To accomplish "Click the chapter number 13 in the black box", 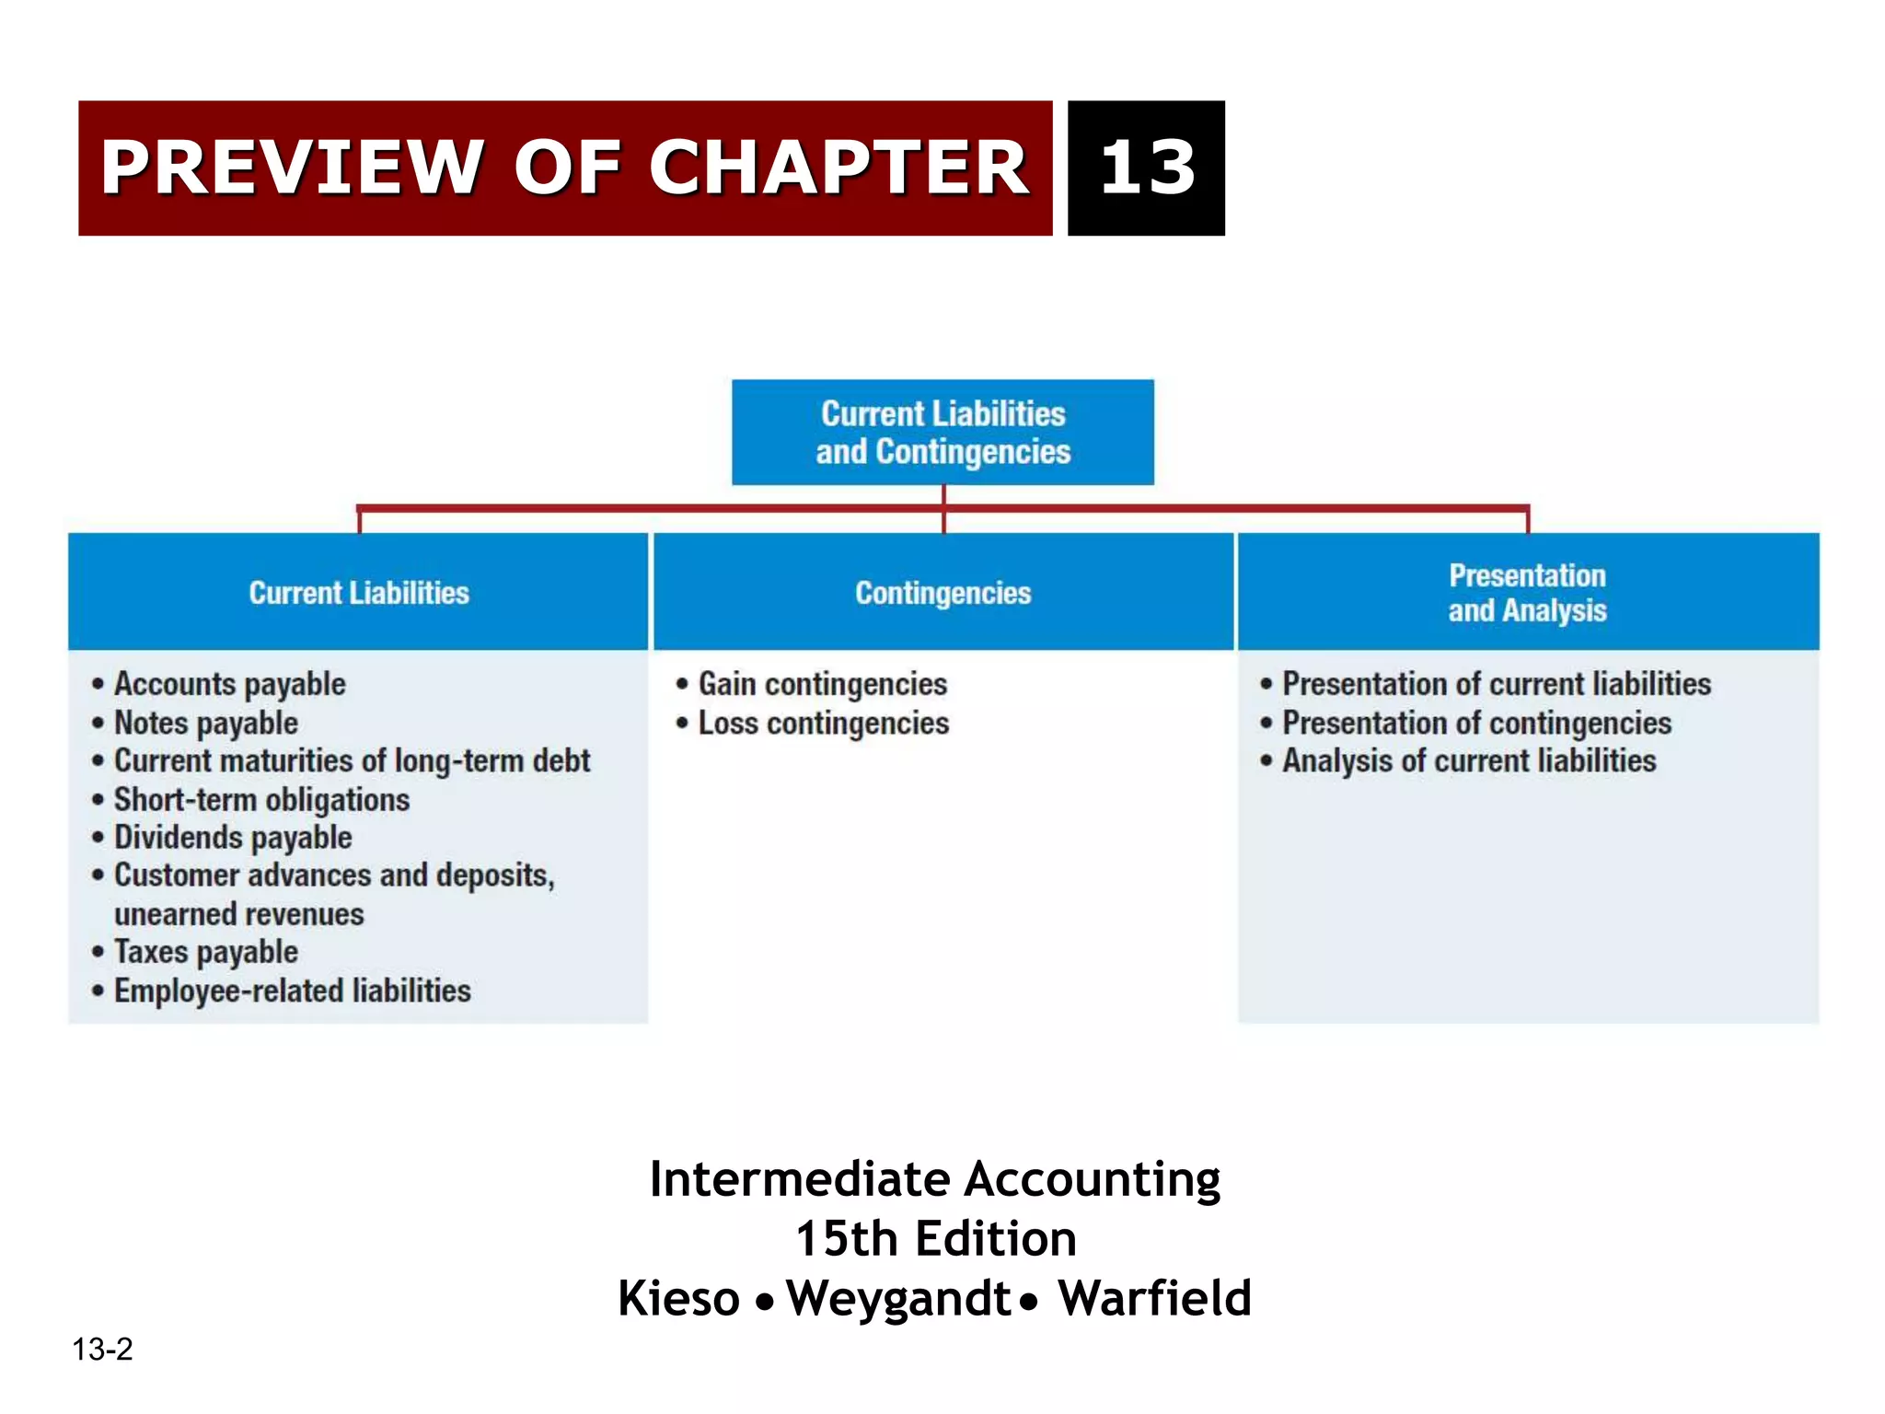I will pyautogui.click(x=1147, y=168).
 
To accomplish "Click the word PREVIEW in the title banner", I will pyautogui.click(x=291, y=168).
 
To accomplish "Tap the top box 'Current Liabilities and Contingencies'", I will pyautogui.click(x=942, y=433).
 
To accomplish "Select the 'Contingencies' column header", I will pyautogui.click(x=942, y=593).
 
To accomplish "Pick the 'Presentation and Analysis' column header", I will pyautogui.click(x=1527, y=593).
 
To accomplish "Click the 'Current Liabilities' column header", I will pyautogui.click(x=359, y=593).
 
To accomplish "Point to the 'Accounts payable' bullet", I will pyautogui.click(x=229, y=684).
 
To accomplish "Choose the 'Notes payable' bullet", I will pyautogui.click(x=205, y=723).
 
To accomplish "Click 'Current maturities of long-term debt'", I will pyautogui.click(x=352, y=760).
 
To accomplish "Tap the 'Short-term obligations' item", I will pyautogui.click(x=261, y=799).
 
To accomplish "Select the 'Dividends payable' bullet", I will pyautogui.click(x=233, y=837).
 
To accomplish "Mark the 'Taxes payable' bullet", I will pyautogui.click(x=205, y=951).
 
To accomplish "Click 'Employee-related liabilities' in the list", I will pyautogui.click(x=292, y=991).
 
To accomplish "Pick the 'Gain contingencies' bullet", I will pyautogui.click(x=822, y=684).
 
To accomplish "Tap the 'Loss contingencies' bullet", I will pyautogui.click(x=823, y=723).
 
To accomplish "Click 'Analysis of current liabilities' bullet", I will pyautogui.click(x=1469, y=760).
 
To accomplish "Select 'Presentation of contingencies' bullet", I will pyautogui.click(x=1476, y=723).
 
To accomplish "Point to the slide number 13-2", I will pyautogui.click(x=102, y=1350).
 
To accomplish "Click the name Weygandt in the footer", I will pyautogui.click(x=898, y=1298).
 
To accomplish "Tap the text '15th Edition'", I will pyautogui.click(x=935, y=1238).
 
